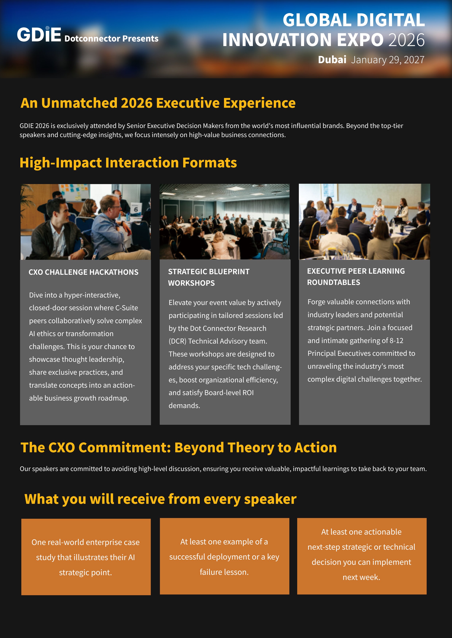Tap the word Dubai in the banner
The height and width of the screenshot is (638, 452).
[332, 60]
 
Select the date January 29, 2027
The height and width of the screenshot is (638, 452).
[387, 60]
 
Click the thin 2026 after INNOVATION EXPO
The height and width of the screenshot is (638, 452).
[406, 40]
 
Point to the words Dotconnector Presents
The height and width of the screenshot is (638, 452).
[111, 38]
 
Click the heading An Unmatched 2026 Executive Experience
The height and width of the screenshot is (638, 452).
[158, 103]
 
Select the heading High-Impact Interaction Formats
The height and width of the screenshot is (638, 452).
[128, 163]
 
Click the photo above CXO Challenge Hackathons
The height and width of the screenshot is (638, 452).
[86, 222]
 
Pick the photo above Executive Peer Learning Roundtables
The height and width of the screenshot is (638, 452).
[364, 221]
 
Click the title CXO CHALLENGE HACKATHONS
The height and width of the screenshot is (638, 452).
[84, 272]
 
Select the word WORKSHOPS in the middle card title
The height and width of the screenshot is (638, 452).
[191, 283]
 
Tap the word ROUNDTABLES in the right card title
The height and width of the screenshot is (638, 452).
[333, 282]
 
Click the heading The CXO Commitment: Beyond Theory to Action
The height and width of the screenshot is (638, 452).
[179, 448]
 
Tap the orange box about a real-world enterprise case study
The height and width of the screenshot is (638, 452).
[86, 557]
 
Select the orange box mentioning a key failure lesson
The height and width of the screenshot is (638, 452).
[225, 556]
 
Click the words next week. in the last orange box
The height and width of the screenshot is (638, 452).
[361, 577]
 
